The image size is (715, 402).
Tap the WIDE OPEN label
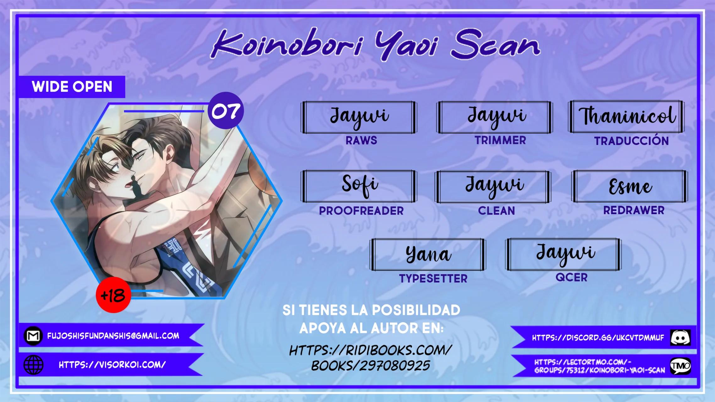[x=72, y=87]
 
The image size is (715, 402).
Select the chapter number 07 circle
[x=226, y=110]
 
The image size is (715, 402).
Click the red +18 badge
[x=113, y=295]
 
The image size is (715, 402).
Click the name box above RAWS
[x=359, y=117]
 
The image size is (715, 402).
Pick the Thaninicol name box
[x=626, y=117]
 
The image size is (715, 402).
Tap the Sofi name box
[x=359, y=186]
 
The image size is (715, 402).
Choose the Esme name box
[x=630, y=186]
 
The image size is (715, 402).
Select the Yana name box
[x=428, y=254]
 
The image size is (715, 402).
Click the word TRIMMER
[x=500, y=140]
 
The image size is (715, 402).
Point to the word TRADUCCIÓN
[x=631, y=140]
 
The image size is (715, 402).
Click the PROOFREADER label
[x=361, y=211]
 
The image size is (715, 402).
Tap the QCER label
[x=571, y=277]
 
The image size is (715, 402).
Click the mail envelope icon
[x=33, y=336]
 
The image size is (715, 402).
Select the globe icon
[x=33, y=365]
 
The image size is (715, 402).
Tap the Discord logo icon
[x=680, y=338]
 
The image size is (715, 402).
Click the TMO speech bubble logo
[x=680, y=366]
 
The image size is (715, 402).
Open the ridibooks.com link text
[x=371, y=358]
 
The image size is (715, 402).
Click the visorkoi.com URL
[x=112, y=365]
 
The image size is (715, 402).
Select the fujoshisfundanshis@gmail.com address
[x=113, y=336]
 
